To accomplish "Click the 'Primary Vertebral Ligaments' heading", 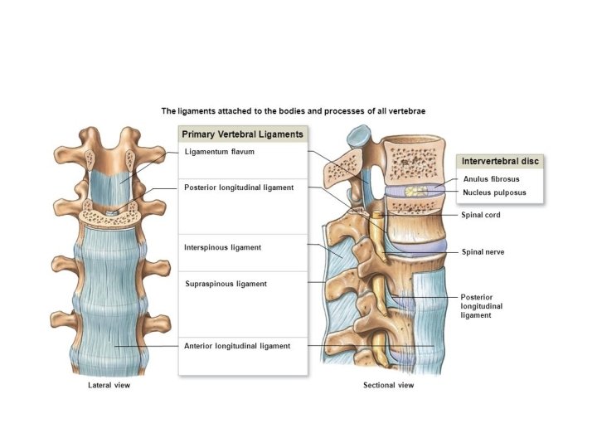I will point(243,134).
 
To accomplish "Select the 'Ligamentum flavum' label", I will point(219,153).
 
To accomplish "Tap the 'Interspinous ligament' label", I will point(222,247).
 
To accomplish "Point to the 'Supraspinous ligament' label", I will point(226,284).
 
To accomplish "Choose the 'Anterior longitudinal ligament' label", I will point(237,346).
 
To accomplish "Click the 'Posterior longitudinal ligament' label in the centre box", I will point(239,187).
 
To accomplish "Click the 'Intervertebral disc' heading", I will point(502,161).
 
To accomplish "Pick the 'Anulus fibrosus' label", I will point(491,179).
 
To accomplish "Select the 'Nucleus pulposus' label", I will point(494,192).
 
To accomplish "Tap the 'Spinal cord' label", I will point(481,215).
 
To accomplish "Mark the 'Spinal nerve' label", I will point(483,251).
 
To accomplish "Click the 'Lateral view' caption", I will point(109,386).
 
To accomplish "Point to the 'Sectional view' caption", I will point(388,386).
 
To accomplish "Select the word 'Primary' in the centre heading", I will point(201,134).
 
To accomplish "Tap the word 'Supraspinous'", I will point(211,284).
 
